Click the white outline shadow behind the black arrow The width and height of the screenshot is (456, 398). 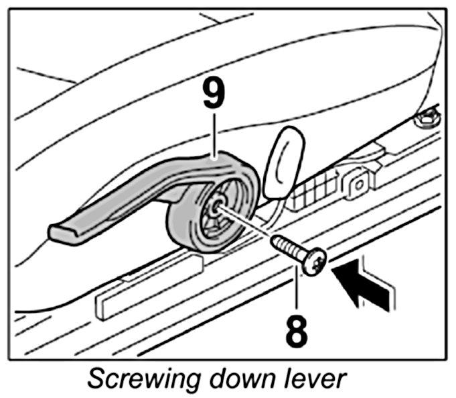coord(385,275)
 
